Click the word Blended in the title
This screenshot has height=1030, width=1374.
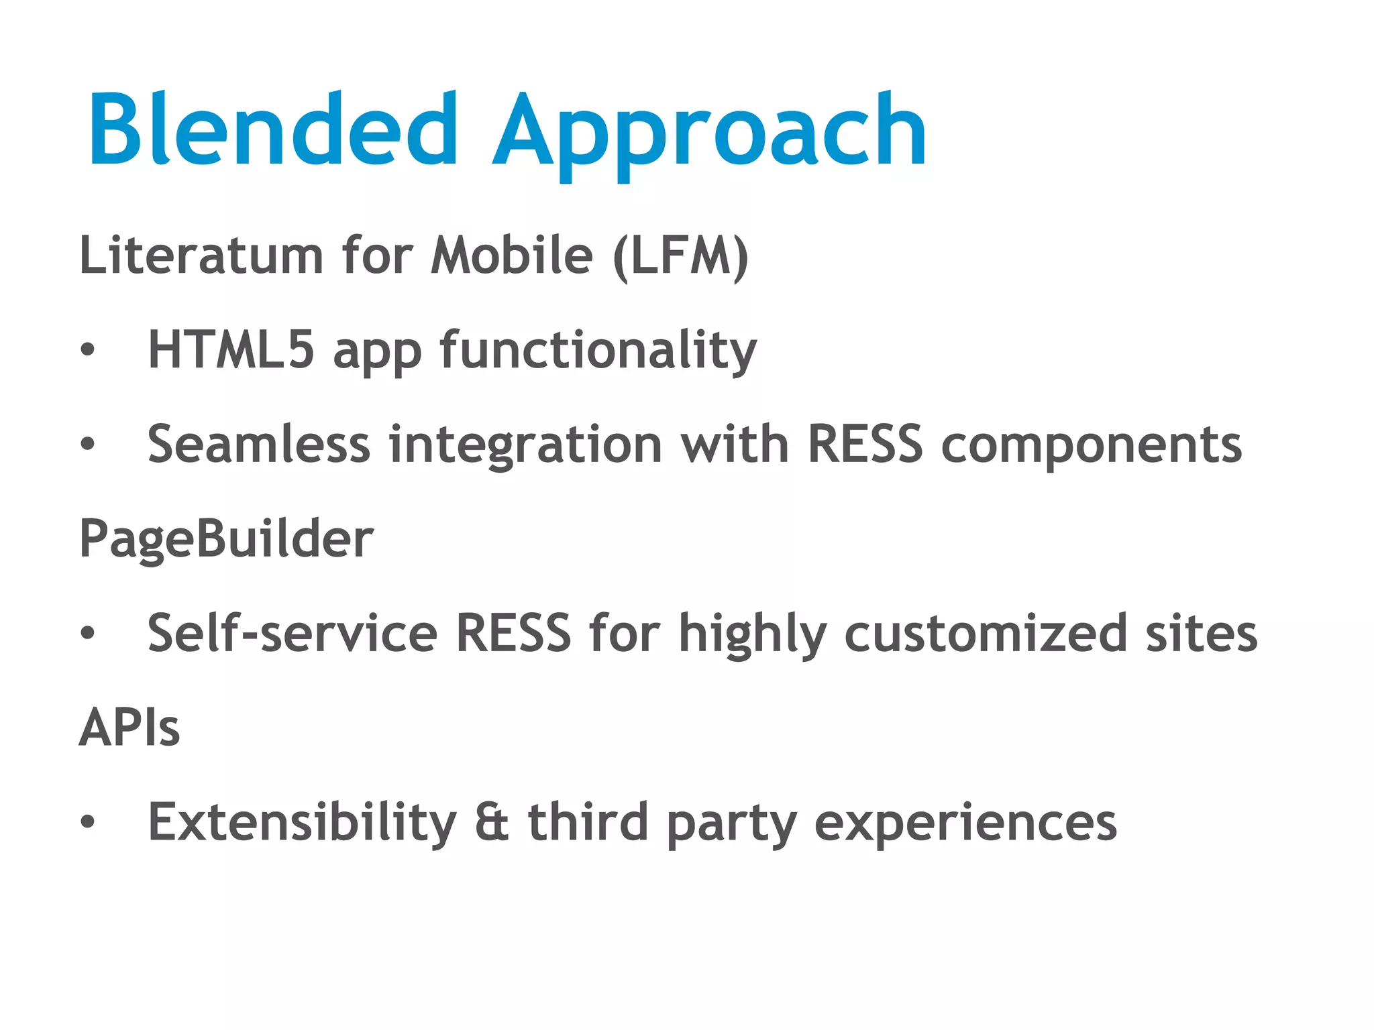[x=272, y=129]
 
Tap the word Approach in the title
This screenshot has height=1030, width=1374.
[x=709, y=134]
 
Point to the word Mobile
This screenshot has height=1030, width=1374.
[x=511, y=255]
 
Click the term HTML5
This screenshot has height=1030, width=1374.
[x=231, y=350]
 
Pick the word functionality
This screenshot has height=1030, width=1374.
[x=598, y=352]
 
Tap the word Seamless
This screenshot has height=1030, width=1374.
[x=258, y=445]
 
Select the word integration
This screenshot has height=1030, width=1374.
[x=526, y=447]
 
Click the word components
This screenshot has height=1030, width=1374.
[x=1091, y=447]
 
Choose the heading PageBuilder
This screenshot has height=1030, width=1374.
[x=226, y=539]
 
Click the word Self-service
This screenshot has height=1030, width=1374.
[x=292, y=633]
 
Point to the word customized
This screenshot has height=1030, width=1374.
[x=985, y=634]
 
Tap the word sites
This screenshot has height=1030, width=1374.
[x=1201, y=634]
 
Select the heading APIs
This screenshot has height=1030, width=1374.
[x=129, y=728]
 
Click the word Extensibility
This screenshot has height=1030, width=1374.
[x=302, y=822]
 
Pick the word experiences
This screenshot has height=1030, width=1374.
[x=965, y=823]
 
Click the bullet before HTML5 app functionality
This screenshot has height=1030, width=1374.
[x=87, y=350]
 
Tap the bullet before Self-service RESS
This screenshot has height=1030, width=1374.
[x=87, y=633]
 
